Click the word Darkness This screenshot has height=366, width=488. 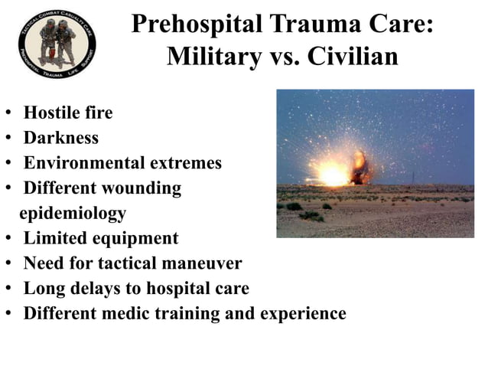[x=61, y=139]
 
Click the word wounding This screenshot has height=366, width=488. [x=144, y=188]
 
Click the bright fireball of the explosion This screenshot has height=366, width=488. [x=334, y=174]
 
